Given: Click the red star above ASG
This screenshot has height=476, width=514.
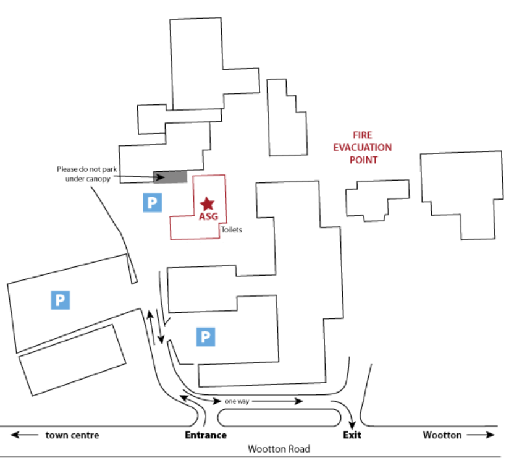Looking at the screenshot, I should (x=207, y=203).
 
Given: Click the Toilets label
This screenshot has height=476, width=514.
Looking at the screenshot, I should (x=231, y=230).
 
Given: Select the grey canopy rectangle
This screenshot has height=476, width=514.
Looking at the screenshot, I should (x=170, y=177).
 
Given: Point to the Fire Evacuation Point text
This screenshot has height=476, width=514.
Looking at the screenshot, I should (x=363, y=147).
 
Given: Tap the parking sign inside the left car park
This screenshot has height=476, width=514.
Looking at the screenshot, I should (x=60, y=300).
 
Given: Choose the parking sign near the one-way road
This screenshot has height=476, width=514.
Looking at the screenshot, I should (x=206, y=336).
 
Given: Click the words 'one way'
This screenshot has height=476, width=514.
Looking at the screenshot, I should (x=237, y=402).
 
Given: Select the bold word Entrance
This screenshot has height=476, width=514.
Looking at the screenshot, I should (x=206, y=435).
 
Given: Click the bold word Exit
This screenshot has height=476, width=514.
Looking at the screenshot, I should (x=352, y=435).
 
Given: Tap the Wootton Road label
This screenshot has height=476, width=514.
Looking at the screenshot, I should (x=279, y=449).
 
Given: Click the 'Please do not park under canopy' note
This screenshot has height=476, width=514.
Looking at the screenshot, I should (x=83, y=174).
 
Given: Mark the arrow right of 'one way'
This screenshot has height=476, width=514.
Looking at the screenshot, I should (x=278, y=402).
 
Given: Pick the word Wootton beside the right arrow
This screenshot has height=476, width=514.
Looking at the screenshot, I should (x=442, y=435).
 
